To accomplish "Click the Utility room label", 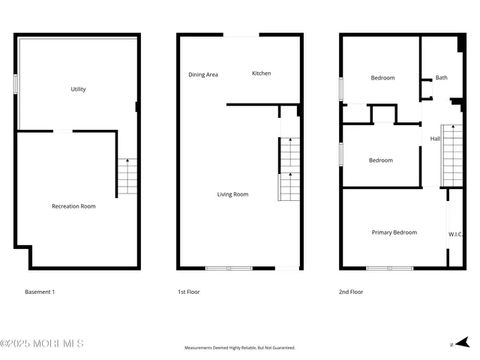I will (x=78, y=89).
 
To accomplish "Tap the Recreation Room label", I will (x=73, y=206).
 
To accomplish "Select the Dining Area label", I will (x=203, y=74).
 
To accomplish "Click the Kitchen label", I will (x=262, y=73).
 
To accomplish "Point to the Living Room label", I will (x=232, y=194).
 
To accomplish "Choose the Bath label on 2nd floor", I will (x=442, y=77).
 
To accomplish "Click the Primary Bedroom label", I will (x=394, y=232).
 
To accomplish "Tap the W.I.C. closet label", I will (x=456, y=234).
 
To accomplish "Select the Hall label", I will (x=435, y=139).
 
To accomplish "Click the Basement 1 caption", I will (x=40, y=292).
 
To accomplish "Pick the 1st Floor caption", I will (x=189, y=292).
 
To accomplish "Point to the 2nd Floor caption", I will (x=351, y=292).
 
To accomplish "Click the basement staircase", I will (x=127, y=178).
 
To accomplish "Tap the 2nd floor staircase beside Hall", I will (x=452, y=156).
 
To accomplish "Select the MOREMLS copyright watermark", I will (x=42, y=343).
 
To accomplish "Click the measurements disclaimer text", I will (x=240, y=348).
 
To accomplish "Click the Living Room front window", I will (x=229, y=268).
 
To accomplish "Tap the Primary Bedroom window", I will (x=390, y=268).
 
